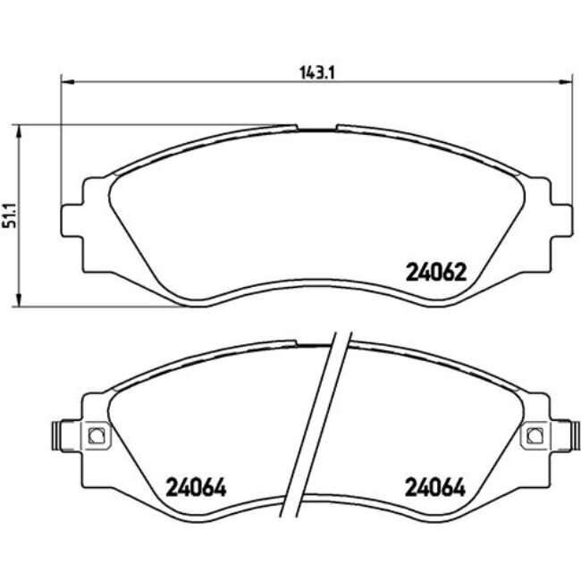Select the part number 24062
point(436,273)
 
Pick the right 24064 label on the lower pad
point(436,488)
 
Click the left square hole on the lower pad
point(97,435)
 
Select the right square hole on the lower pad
point(534,435)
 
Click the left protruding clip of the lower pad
point(55,435)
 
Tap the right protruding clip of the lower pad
point(574,435)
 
